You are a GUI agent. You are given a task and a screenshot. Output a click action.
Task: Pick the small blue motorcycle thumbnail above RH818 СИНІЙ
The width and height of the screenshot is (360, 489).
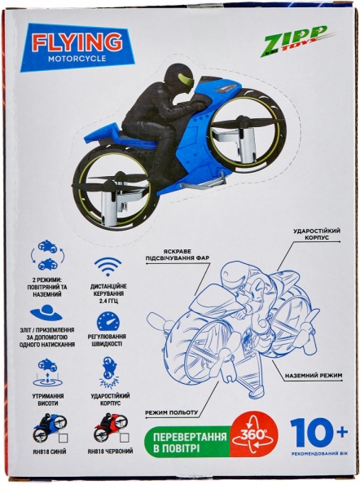(x=48, y=427)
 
